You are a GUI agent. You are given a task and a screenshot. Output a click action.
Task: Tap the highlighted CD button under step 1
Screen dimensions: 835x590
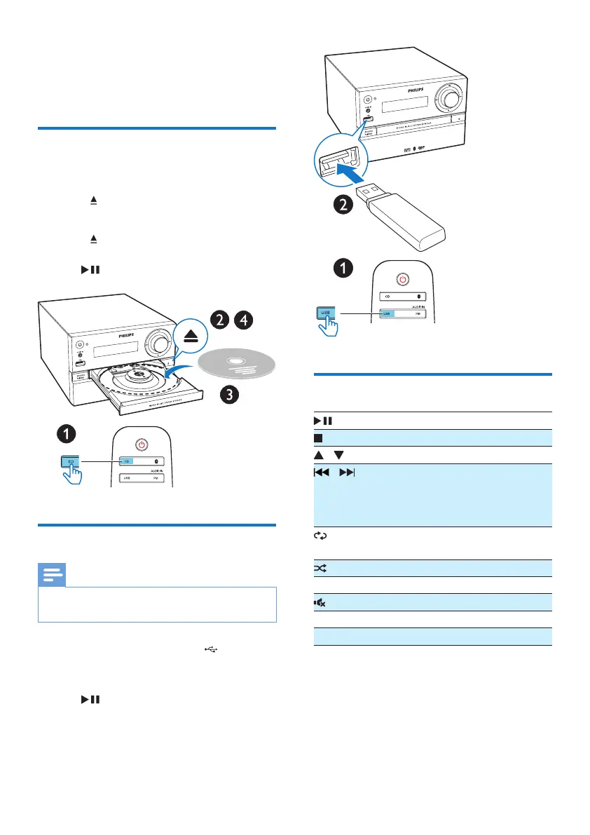[73, 461]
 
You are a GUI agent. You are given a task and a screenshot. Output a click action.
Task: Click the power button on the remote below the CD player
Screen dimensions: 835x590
[142, 444]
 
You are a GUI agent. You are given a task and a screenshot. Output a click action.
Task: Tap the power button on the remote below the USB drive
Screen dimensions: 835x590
[402, 280]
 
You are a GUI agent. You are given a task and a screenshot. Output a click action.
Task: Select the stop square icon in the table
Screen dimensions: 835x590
[317, 437]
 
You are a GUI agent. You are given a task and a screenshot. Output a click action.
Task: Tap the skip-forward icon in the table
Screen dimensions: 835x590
[346, 473]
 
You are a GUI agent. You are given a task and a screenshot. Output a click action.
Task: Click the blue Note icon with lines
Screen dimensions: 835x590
[50, 576]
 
